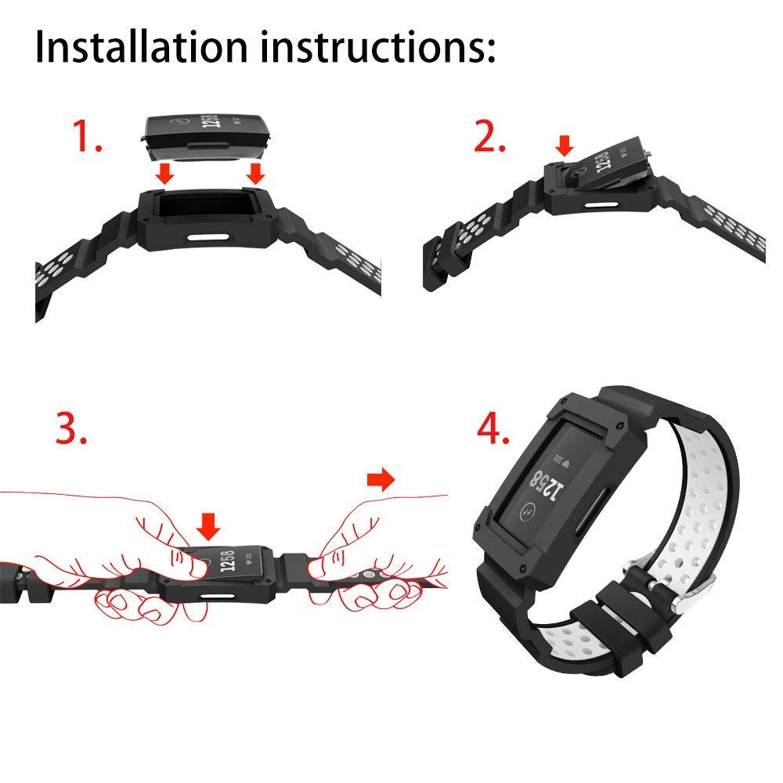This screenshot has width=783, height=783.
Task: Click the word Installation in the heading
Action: coord(141,47)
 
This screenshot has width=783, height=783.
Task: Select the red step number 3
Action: coord(71,428)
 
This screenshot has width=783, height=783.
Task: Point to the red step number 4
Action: coord(493,428)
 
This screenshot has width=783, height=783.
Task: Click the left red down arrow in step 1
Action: coord(164,173)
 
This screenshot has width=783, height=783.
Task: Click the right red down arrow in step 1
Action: coord(256,173)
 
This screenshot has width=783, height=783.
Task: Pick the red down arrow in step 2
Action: coord(565,146)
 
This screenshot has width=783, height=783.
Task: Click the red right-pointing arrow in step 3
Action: coord(381,480)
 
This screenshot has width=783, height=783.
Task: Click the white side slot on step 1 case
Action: coord(209,236)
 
